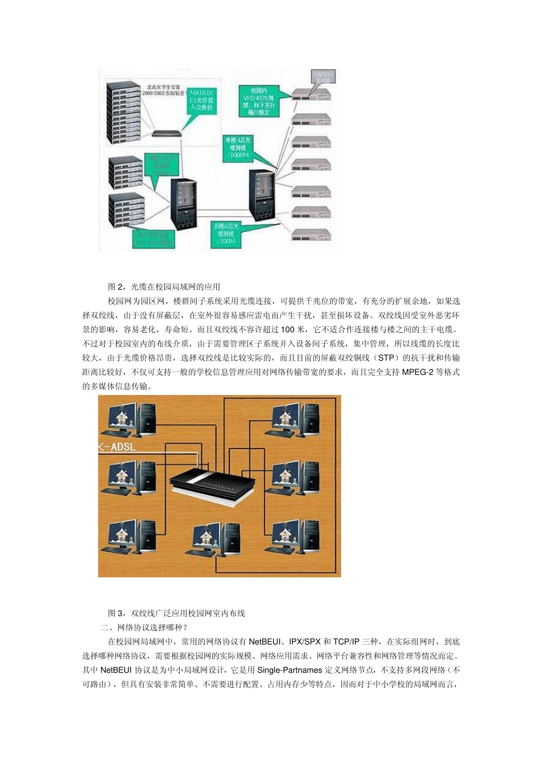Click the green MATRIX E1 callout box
201,100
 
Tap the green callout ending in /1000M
238,147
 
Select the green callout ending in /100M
226,234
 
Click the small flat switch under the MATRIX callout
166,133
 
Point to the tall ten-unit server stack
124,114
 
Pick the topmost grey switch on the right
311,94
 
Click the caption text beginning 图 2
164,287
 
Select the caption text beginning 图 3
177,613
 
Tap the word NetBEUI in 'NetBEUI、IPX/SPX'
264,642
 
